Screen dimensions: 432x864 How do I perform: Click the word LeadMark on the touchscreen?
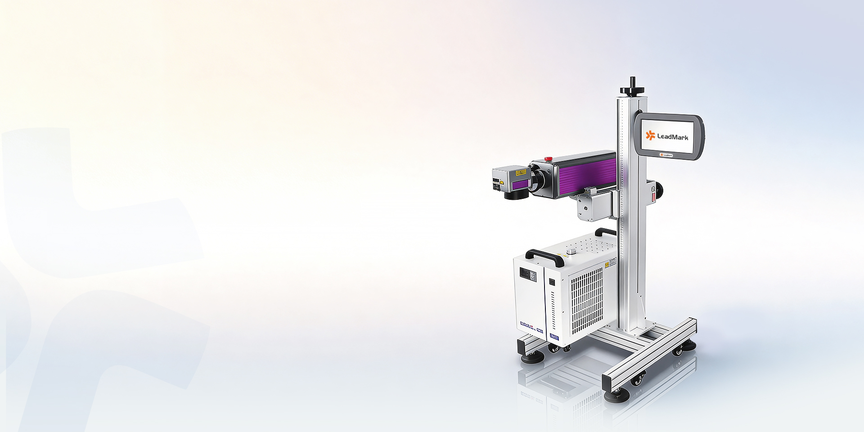click(672, 136)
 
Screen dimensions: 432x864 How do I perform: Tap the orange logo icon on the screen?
click(650, 135)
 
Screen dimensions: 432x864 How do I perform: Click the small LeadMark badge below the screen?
click(666, 155)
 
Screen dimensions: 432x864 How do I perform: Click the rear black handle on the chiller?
click(605, 232)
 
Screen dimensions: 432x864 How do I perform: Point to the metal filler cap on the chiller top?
click(572, 251)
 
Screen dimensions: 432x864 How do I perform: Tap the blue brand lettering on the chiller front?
click(531, 324)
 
